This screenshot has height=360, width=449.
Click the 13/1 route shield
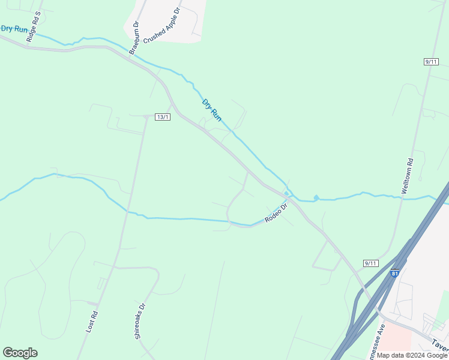point(163,116)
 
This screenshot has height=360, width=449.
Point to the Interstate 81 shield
point(394,274)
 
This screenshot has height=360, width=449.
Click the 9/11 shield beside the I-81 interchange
point(371,263)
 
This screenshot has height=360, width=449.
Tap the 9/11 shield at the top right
point(431,61)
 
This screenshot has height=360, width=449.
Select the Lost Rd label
point(92,322)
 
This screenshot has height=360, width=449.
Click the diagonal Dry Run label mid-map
point(212,110)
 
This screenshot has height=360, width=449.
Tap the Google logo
point(20,353)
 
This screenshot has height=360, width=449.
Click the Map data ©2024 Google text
point(412,355)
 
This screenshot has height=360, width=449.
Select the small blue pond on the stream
point(316,197)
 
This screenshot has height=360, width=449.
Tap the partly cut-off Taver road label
point(439,345)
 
